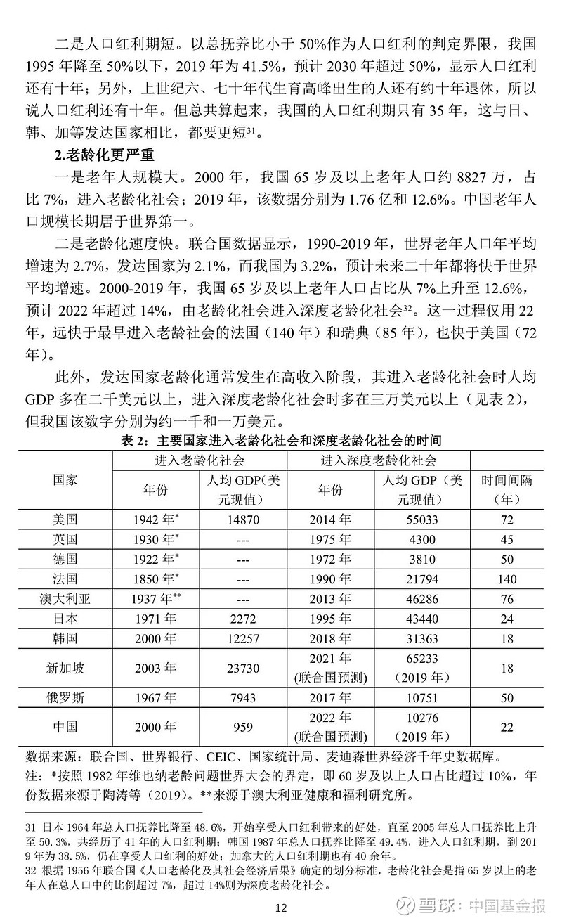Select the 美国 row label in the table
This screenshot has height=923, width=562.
65,519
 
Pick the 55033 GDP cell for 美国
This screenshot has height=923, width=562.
421,519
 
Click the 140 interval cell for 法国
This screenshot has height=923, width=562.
506,579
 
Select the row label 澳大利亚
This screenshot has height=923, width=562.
65,598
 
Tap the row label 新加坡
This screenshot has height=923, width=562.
65,667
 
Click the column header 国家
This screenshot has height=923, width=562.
65,480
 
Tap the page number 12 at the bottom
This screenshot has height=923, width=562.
281,908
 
